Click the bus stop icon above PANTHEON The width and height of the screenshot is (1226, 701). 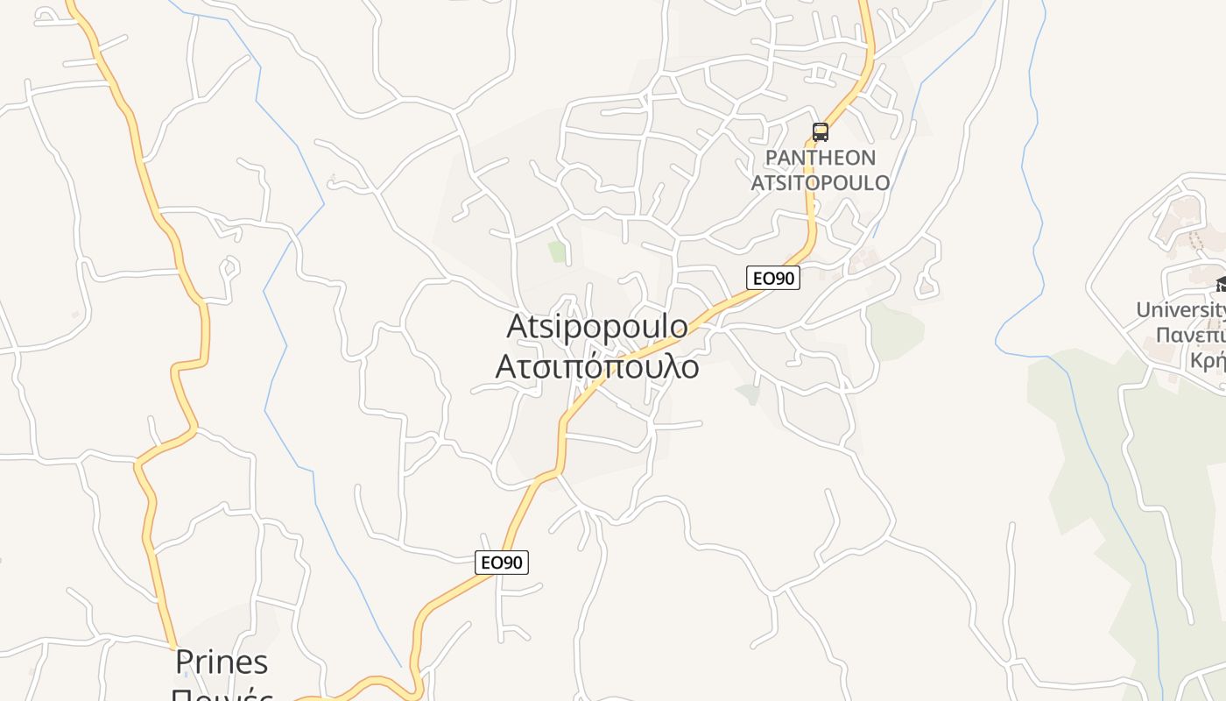tap(820, 132)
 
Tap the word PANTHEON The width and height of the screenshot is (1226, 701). tap(820, 158)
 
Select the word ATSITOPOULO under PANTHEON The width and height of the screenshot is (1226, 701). tap(820, 182)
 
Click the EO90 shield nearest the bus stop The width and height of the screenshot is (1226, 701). tap(773, 278)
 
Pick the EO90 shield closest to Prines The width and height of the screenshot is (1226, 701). tap(502, 563)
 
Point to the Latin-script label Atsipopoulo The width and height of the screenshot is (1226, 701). tap(597, 326)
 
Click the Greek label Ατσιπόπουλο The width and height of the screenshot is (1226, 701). tap(597, 366)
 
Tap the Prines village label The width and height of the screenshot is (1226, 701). tap(222, 662)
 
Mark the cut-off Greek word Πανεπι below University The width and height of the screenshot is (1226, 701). tap(1189, 335)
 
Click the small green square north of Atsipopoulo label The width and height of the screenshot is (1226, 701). tap(557, 251)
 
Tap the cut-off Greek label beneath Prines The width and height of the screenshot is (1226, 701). tap(222, 694)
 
